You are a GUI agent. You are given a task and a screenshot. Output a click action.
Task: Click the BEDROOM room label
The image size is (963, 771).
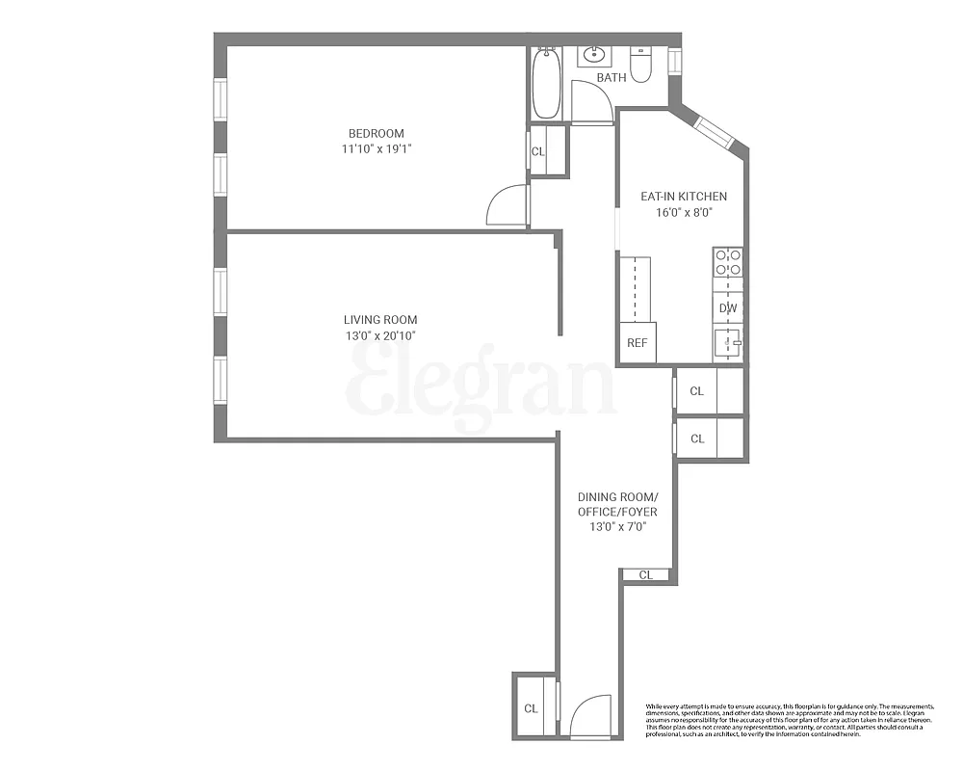coord(377,133)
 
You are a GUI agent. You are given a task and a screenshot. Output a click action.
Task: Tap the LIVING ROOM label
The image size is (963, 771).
coord(380,320)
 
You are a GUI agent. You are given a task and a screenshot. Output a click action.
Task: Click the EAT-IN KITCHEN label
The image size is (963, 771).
coord(684,196)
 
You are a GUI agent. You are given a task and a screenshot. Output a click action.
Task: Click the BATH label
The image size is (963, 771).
coord(611,77)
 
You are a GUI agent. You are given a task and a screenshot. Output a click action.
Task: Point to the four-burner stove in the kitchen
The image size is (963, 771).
coord(729,263)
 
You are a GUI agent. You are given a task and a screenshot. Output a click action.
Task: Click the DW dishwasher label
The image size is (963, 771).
coord(728,308)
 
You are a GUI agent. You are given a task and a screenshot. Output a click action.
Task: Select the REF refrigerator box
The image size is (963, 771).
coord(637,342)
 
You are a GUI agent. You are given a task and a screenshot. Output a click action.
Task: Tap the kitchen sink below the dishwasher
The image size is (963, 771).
coord(729,341)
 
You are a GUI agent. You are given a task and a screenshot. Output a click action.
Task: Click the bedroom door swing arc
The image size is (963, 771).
coord(508,204)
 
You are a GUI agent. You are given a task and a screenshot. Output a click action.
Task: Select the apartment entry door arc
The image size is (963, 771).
coord(590,717)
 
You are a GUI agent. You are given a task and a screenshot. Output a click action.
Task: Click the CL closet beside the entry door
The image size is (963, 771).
coord(531,708)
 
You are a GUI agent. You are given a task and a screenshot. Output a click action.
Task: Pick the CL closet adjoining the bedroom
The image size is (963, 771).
coord(539,151)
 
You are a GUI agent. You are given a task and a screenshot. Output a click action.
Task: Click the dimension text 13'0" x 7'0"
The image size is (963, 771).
coord(617,527)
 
